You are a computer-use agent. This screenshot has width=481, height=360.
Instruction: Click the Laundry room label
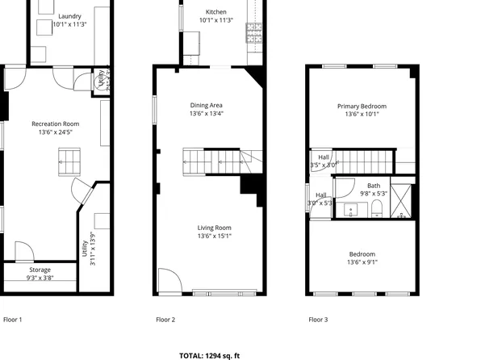point(70,15)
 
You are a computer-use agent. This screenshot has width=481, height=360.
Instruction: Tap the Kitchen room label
point(216,11)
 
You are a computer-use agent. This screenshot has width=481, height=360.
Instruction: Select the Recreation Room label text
point(56,123)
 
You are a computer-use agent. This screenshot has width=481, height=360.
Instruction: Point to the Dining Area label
point(206,105)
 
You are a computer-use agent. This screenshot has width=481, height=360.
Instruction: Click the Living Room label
point(215,228)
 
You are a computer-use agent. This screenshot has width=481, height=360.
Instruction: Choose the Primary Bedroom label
point(362,106)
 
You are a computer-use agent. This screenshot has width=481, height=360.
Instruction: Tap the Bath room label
point(374,185)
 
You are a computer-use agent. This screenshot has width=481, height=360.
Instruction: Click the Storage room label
point(40,270)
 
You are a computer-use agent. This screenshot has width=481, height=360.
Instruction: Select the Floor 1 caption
point(13,320)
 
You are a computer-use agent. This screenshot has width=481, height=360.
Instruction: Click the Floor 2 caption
point(165,320)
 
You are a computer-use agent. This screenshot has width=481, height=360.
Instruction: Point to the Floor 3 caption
point(318,320)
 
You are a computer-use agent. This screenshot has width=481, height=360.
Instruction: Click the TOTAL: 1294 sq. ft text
point(209,354)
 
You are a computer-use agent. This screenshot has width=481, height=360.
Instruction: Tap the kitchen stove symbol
point(255,33)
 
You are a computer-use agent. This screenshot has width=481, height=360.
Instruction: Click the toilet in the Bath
point(377,211)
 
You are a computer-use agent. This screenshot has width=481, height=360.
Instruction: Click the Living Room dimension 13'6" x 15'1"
point(215,236)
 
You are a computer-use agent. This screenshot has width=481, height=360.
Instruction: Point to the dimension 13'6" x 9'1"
point(362,262)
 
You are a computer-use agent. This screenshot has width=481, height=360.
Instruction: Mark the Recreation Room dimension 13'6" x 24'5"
point(56,132)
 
